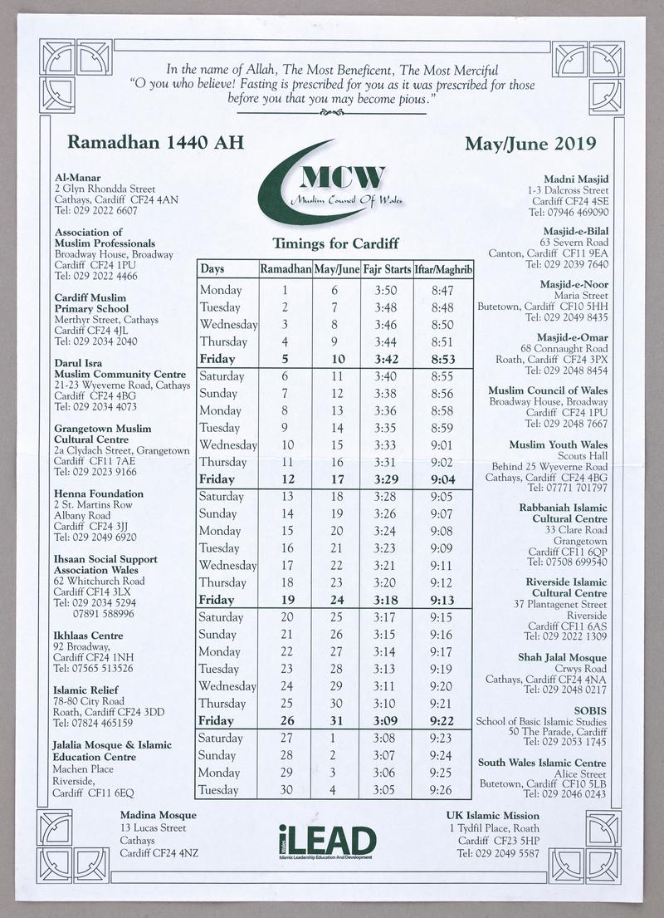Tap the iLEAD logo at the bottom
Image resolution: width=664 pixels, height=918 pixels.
(x=328, y=841)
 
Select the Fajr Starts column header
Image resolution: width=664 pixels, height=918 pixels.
(x=387, y=269)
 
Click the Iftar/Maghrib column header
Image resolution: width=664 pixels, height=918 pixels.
(x=443, y=269)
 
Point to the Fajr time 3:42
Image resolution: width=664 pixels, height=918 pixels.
(x=386, y=359)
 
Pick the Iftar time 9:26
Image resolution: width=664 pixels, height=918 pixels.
(x=442, y=790)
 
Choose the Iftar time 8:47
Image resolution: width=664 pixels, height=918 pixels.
(x=442, y=290)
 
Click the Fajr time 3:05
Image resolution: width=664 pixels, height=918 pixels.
(x=386, y=790)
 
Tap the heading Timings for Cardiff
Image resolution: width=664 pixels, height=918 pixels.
(x=335, y=243)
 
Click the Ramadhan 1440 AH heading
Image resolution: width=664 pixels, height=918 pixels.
(x=155, y=142)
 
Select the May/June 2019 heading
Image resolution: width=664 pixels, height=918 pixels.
(x=530, y=143)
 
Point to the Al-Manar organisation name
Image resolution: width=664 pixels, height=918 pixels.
(x=78, y=177)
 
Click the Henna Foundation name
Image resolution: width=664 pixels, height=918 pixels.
(x=99, y=493)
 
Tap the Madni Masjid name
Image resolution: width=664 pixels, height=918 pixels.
(x=576, y=179)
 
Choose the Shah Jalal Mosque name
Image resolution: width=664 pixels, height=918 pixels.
(x=562, y=657)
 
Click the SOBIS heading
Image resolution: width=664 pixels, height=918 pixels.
(x=590, y=710)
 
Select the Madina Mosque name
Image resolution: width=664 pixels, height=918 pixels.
(x=159, y=815)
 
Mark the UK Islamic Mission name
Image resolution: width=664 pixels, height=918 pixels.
(x=493, y=815)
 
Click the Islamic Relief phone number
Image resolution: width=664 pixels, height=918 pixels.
(x=93, y=723)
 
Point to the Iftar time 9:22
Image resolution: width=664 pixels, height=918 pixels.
(x=442, y=721)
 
